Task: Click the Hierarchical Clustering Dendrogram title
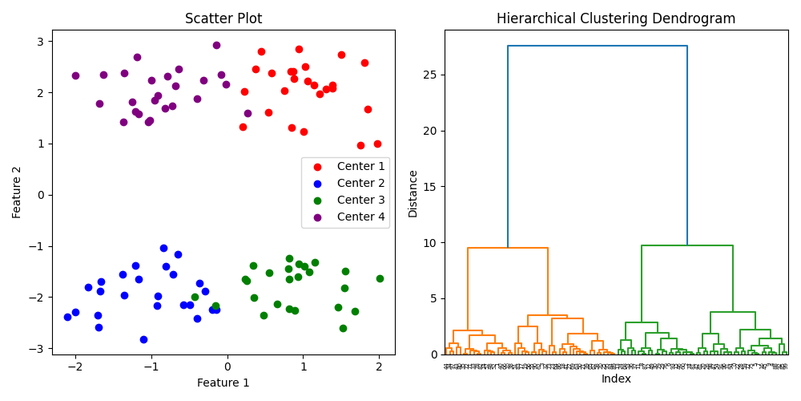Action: click(x=616, y=18)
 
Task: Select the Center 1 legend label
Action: click(x=360, y=166)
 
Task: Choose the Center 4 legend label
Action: click(x=360, y=217)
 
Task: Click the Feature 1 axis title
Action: click(x=223, y=383)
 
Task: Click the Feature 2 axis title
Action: click(x=17, y=192)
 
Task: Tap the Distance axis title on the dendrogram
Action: click(x=413, y=193)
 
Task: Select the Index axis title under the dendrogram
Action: click(x=616, y=379)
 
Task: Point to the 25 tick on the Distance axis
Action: click(x=431, y=75)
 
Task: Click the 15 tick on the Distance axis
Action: click(x=431, y=187)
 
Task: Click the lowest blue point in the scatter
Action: click(x=143, y=339)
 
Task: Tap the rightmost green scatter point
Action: click(x=380, y=278)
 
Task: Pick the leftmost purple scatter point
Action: click(x=75, y=75)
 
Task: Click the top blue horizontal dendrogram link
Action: click(x=598, y=46)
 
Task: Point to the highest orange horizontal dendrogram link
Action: click(x=508, y=248)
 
